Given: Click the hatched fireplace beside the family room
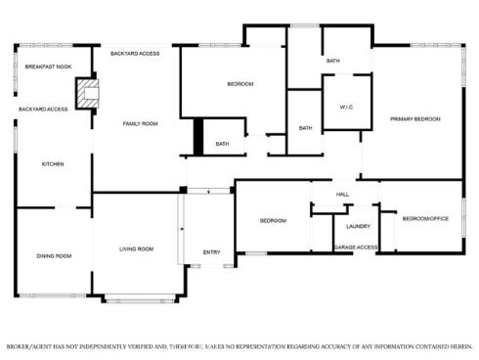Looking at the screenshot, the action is point(87,94).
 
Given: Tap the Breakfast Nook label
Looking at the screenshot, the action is point(48,67).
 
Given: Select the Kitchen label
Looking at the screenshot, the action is point(53,164).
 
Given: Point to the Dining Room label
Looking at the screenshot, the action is point(54,256).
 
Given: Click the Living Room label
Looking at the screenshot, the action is point(136,249).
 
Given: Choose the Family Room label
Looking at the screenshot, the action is point(140,123).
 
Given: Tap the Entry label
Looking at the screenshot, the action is point(212,252).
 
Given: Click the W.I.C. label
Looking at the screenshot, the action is point(347,107).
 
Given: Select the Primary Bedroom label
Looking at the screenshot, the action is point(415,119).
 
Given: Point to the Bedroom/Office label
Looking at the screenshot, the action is point(425,218).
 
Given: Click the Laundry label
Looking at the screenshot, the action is point(359,226).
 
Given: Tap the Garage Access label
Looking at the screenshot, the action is point(356,247).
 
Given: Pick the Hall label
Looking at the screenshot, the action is point(342,195).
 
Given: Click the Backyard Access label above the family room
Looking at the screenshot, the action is point(135,54).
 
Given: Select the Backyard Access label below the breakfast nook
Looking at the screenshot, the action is point(43,110).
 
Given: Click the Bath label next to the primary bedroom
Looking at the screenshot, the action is point(333,61).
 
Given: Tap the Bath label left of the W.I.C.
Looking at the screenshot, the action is point(306,128).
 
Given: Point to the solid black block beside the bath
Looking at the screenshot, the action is point(198,137).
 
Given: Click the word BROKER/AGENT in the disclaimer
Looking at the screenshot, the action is point(28,346).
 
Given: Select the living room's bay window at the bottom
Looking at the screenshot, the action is point(140,298).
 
